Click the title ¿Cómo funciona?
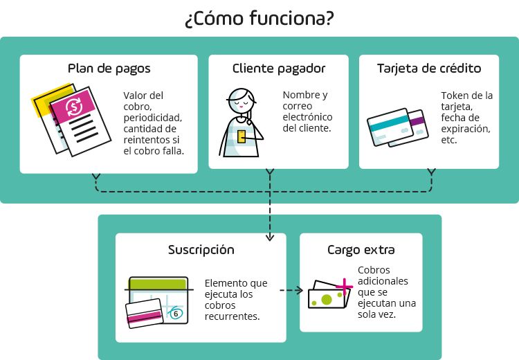(x=259, y=19)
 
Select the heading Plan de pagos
(x=109, y=69)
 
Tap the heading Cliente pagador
(x=278, y=69)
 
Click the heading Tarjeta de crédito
(x=428, y=69)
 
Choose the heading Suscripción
(x=201, y=250)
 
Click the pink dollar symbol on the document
(x=73, y=107)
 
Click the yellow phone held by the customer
(x=242, y=136)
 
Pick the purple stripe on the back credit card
(x=417, y=121)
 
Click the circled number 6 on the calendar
(x=176, y=314)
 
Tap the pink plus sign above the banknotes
(x=343, y=286)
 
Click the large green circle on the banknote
(x=327, y=299)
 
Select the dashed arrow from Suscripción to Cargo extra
(x=291, y=291)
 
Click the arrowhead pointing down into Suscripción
(x=269, y=237)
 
